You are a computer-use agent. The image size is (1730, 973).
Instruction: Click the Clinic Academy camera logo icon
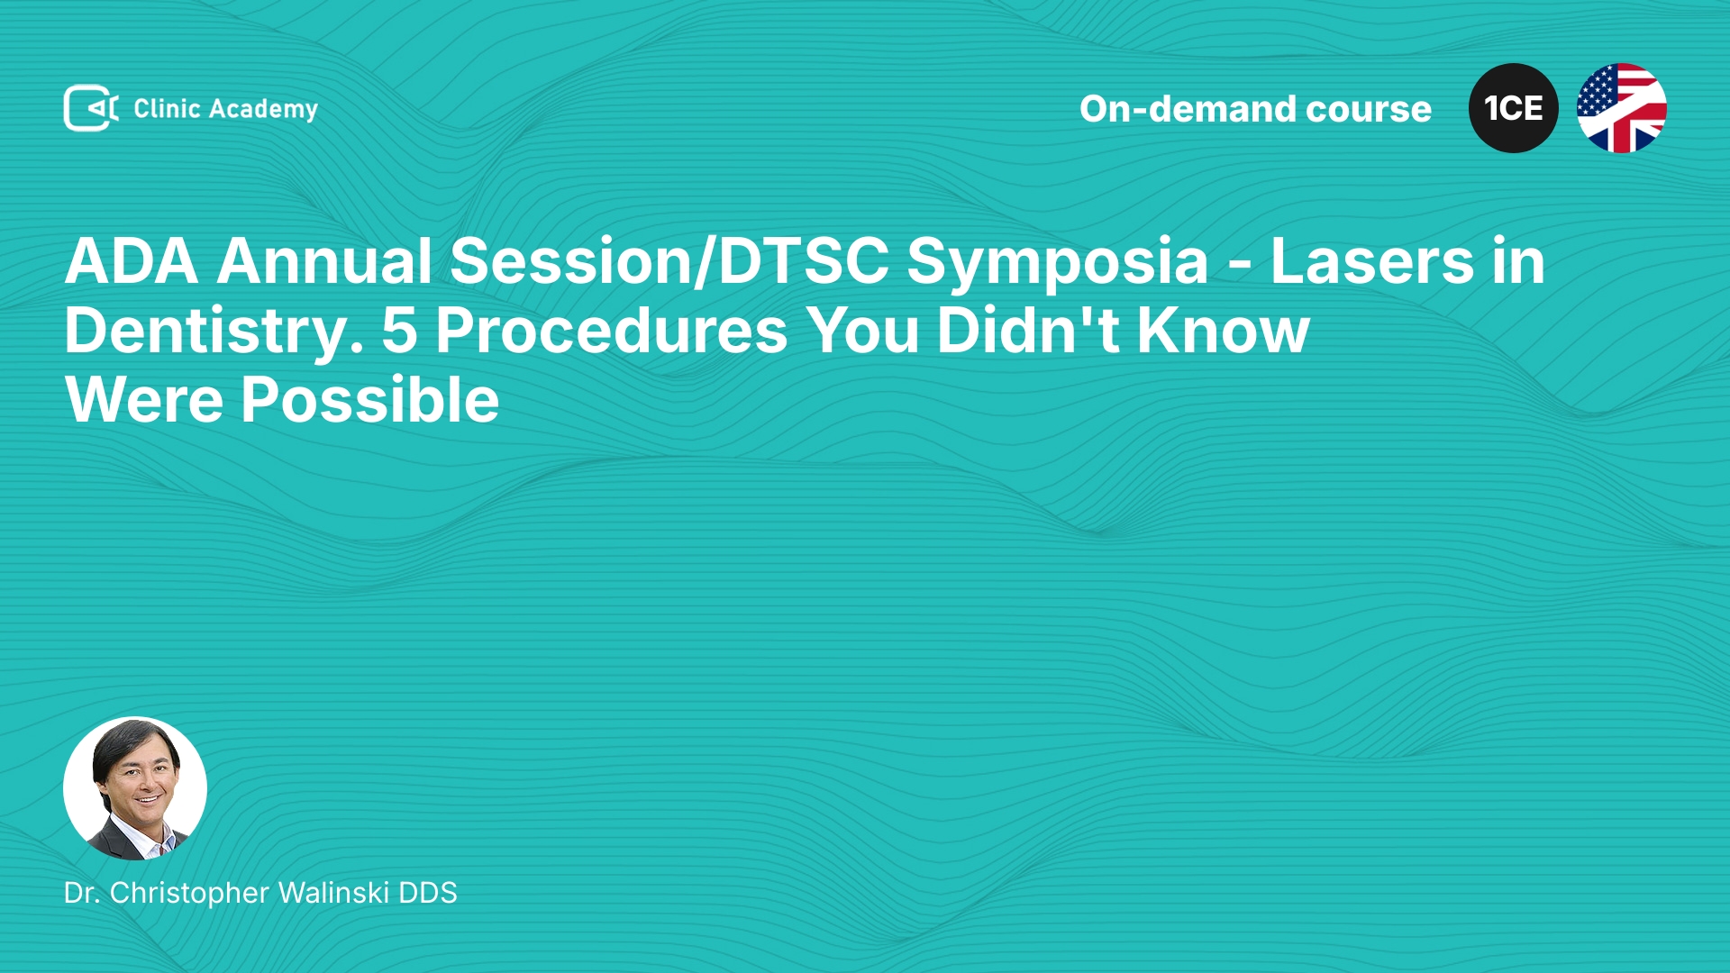[91, 108]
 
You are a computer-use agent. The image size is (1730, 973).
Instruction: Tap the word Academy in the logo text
[263, 110]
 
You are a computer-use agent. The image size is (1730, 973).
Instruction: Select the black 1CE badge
[1513, 108]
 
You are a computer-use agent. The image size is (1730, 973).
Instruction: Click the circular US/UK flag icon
[1621, 108]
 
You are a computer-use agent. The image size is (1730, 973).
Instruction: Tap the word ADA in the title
[132, 261]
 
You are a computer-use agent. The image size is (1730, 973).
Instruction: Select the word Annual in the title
[324, 261]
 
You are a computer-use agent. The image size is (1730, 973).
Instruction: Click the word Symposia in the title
[1057, 262]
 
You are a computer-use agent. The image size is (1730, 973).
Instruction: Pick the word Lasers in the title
[1372, 261]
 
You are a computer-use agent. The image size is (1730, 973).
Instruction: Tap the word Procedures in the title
[612, 331]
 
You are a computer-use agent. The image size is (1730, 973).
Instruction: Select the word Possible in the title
[369, 400]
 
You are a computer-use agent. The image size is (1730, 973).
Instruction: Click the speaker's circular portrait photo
[135, 788]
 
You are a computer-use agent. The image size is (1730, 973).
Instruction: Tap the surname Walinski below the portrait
[334, 893]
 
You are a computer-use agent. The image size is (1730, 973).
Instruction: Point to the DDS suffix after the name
[428, 893]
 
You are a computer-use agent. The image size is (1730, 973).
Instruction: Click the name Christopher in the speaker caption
[189, 894]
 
